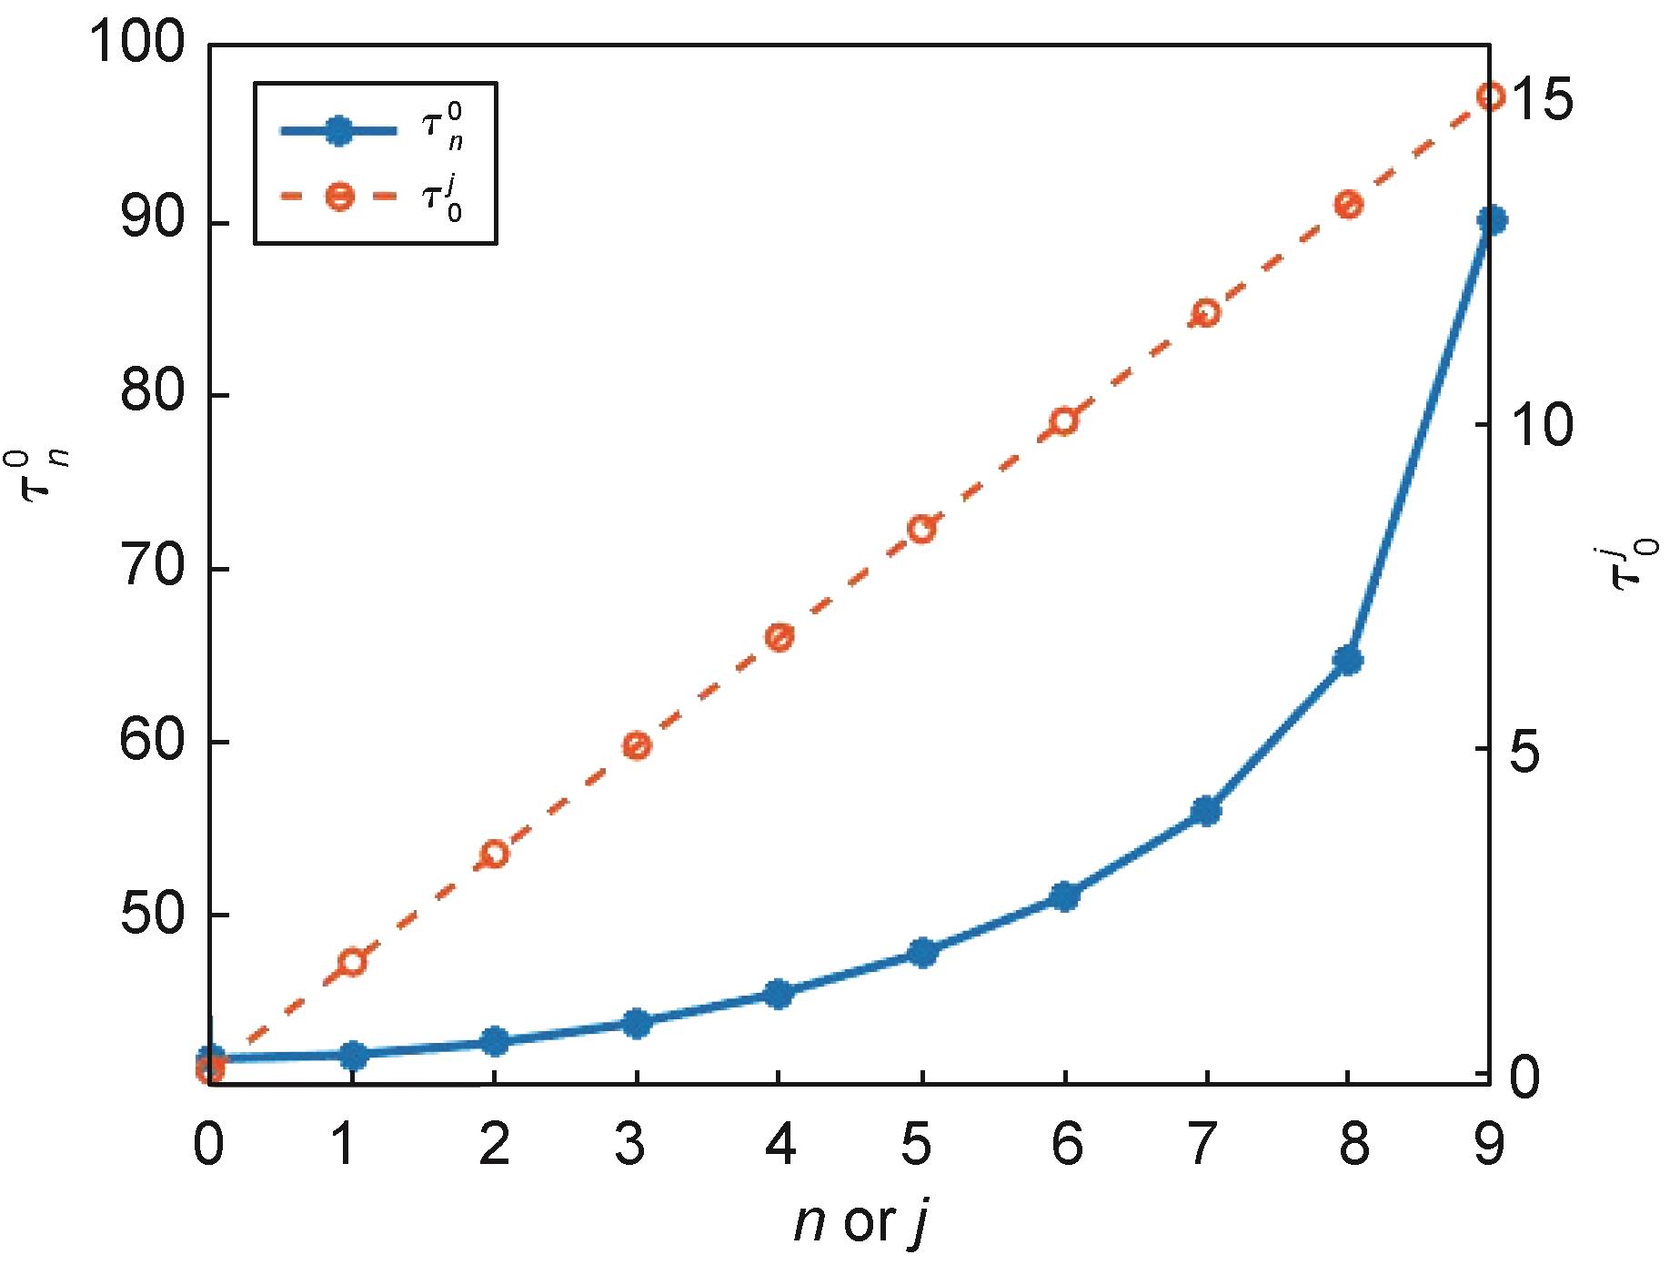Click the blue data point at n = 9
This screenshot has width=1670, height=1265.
coord(1492,220)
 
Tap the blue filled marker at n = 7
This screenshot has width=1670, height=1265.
coord(1205,811)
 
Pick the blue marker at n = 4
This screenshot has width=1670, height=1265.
coord(778,994)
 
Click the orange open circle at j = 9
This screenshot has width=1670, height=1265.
coord(1492,96)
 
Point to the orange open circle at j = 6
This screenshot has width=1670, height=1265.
coord(1064,421)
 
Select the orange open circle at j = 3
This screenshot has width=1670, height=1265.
coord(637,745)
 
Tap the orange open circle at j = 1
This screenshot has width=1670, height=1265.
coord(352,962)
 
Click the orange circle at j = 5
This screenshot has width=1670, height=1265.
coord(921,530)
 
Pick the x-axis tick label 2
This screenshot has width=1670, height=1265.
coord(493,1145)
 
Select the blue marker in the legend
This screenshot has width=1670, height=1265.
coord(338,130)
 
